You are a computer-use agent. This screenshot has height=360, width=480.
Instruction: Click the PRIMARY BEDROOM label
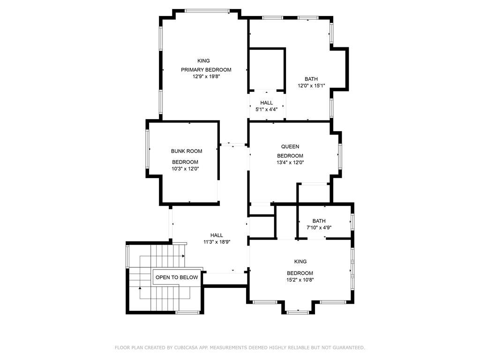(x=206, y=70)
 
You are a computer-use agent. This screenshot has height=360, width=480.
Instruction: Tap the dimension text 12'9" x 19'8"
(x=206, y=76)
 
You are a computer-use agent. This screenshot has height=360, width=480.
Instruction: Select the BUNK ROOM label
(x=187, y=151)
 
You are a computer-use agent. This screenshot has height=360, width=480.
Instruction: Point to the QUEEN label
(x=290, y=147)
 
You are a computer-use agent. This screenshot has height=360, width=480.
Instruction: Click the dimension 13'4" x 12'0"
(x=290, y=163)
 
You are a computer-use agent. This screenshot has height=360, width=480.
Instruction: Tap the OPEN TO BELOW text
(x=177, y=277)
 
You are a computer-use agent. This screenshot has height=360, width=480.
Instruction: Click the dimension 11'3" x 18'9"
(x=217, y=242)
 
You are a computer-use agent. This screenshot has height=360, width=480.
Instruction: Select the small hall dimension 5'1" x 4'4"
(x=267, y=109)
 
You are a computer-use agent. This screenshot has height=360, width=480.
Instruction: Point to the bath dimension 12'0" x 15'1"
(x=311, y=86)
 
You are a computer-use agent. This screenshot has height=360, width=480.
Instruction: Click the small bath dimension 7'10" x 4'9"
(x=319, y=227)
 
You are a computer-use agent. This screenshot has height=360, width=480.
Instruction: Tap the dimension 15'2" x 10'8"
(x=300, y=280)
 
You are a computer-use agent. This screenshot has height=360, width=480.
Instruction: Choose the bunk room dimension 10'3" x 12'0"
(x=185, y=169)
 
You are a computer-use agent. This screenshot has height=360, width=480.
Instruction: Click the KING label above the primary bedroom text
(x=203, y=61)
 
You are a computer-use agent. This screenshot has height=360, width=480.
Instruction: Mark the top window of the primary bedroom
(x=207, y=11)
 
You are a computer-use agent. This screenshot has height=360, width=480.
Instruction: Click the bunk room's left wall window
(x=147, y=149)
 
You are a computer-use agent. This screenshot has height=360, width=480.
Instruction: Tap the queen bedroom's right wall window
(x=340, y=156)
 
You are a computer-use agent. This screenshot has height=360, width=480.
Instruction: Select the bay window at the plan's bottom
(x=298, y=312)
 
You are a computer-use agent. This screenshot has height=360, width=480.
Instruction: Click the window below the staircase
(x=187, y=313)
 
